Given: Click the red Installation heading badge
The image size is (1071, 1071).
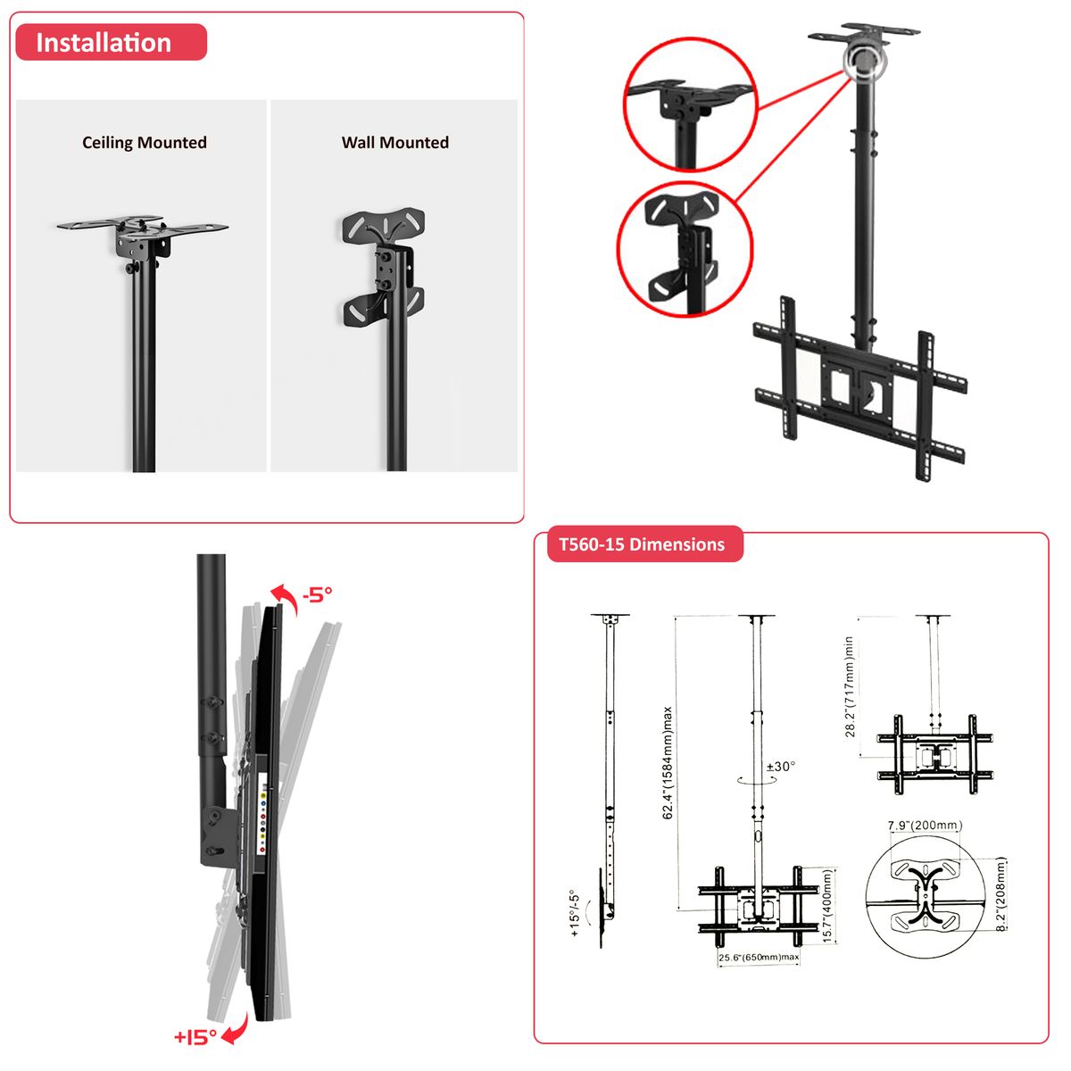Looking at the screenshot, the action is point(112,42).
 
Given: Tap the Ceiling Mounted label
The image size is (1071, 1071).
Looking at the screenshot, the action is point(145,143).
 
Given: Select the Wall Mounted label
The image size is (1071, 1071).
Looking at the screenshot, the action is point(395,143).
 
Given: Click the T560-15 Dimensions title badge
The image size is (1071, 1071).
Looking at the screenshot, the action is point(644,544).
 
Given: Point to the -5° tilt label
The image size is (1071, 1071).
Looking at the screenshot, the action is point(318,594).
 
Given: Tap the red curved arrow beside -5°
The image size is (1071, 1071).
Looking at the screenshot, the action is point(285,600).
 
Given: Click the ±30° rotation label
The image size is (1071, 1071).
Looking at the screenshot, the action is point(781,767).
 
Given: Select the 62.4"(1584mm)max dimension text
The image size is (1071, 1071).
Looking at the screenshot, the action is point(668,763).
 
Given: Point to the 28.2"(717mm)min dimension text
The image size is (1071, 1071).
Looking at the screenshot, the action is point(850,687).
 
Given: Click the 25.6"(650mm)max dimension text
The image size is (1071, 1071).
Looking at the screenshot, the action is point(759,957).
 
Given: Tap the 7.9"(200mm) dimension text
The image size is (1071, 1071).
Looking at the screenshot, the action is point(925,826).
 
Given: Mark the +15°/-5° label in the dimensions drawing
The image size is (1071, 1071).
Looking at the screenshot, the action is point(575,914).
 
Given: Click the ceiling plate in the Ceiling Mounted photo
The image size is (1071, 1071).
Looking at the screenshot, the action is point(142,226).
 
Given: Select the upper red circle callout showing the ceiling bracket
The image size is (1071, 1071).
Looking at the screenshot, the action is point(690,104).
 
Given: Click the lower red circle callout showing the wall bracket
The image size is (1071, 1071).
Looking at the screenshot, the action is point(685,250).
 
